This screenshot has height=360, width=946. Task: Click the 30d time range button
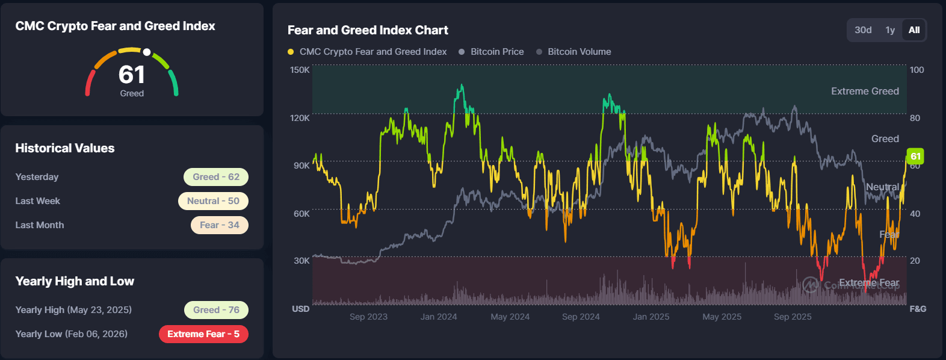coord(863,30)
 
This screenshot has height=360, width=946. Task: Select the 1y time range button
coord(890,30)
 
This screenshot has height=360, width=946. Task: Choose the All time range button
coord(914,30)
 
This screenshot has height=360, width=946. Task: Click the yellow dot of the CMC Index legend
coord(291,52)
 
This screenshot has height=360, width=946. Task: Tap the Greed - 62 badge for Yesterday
coord(216,177)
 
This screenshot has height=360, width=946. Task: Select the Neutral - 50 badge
coord(213,201)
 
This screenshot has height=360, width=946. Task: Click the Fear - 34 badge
coord(220,225)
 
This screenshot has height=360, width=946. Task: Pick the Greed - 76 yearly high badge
coord(216,310)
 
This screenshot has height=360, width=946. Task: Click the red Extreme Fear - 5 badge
coord(203,334)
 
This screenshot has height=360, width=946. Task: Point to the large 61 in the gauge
coord(132,75)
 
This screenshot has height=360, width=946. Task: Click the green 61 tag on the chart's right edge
coord(915,157)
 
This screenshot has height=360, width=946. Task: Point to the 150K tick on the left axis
coord(300,70)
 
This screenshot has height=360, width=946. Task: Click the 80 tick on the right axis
coord(915,118)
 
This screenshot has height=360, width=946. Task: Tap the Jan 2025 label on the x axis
coord(651,317)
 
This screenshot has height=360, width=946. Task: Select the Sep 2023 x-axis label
coord(368,317)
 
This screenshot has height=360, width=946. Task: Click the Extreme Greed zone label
coord(865,91)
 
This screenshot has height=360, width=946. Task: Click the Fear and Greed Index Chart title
coord(368,30)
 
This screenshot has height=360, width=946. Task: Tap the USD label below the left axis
coord(301,309)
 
